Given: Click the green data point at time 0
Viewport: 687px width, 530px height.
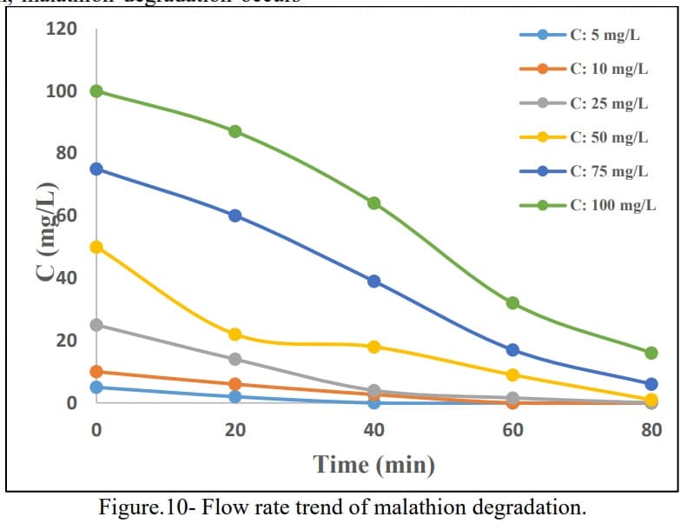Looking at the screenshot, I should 96,91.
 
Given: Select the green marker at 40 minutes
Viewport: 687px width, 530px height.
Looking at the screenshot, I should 373,203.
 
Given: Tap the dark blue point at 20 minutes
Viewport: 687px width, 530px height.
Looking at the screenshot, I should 235,215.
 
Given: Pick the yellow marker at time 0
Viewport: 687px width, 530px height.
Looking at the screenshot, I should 96,247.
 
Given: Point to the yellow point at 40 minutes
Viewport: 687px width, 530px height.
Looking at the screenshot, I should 373,347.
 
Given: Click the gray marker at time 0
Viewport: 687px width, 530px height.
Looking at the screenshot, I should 96,325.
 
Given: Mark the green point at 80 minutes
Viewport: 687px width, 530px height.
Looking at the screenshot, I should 651,353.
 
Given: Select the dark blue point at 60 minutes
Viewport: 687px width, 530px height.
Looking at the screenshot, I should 512,350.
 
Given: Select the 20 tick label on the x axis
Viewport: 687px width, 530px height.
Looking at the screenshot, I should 235,429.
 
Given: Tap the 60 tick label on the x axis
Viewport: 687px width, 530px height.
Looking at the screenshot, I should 512,429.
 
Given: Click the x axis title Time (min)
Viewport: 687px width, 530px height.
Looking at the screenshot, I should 373,464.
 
